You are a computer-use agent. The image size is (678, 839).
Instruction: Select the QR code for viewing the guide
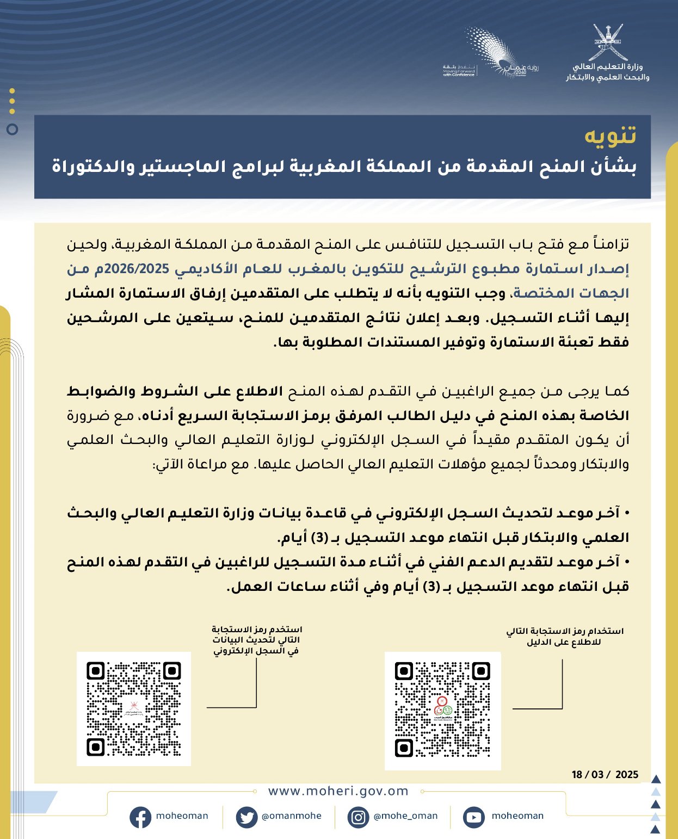tap(442, 710)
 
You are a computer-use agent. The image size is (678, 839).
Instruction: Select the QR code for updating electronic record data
tap(134, 708)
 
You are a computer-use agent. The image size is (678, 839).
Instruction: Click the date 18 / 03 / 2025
tap(605, 774)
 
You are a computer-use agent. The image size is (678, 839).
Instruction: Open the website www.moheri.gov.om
tap(338, 791)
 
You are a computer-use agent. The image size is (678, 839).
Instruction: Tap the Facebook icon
tap(140, 817)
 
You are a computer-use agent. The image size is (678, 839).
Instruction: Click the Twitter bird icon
tap(246, 817)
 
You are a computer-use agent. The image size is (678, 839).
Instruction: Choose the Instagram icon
tap(358, 817)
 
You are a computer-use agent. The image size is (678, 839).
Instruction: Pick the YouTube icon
tap(473, 817)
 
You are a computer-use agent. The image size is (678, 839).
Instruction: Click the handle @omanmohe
tap(292, 816)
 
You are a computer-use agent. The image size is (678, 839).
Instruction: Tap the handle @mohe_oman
tap(405, 816)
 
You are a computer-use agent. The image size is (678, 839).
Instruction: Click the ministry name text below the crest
tap(608, 72)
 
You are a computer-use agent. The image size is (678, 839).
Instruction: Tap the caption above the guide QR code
tap(564, 637)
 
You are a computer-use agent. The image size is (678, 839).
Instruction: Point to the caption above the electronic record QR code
tap(256, 640)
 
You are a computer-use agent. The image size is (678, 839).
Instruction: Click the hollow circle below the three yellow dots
tap(13, 129)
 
